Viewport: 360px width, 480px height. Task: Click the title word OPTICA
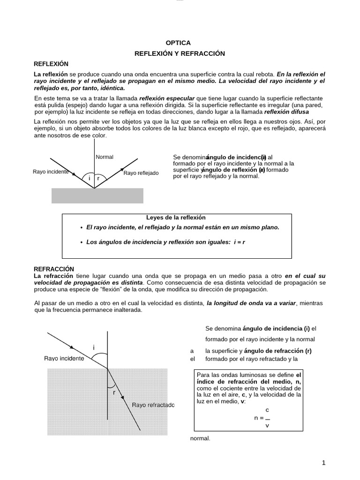click(x=179, y=42)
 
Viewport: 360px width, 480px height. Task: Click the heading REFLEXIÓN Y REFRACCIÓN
click(x=180, y=53)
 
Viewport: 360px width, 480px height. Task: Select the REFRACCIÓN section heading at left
click(x=54, y=269)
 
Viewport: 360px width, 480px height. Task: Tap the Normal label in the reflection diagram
click(x=105, y=157)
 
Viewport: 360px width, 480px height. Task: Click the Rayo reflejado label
click(x=141, y=173)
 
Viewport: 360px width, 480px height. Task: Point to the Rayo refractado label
click(x=153, y=405)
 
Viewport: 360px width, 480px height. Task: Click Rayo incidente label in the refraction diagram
click(x=64, y=358)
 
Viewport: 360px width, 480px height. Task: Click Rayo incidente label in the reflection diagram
click(x=51, y=172)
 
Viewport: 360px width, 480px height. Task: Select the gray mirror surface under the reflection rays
click(x=97, y=196)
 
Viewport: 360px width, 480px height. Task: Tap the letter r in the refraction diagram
click(x=114, y=393)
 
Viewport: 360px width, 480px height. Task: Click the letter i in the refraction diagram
click(x=94, y=347)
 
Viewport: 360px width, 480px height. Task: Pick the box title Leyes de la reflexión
click(x=176, y=217)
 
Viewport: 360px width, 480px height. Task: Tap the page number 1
click(x=323, y=463)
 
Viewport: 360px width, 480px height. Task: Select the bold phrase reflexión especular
click(x=167, y=98)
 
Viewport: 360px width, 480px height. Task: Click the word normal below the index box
click(x=200, y=439)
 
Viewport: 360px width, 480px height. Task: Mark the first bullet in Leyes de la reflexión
click(x=82, y=227)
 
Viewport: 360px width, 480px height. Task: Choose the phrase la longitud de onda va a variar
click(x=252, y=303)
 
